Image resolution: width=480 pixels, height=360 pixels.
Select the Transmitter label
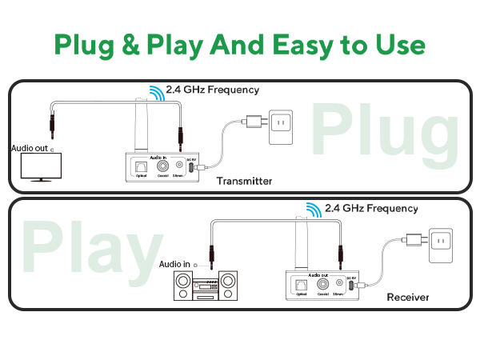(x=245, y=182)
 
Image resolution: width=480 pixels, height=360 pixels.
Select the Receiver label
(x=408, y=298)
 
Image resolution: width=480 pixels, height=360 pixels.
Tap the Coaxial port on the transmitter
(x=162, y=166)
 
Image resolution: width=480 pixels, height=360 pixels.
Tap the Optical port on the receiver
(x=301, y=283)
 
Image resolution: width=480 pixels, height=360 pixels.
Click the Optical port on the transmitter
(x=142, y=167)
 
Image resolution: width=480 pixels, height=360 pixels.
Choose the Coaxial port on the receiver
(x=322, y=283)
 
